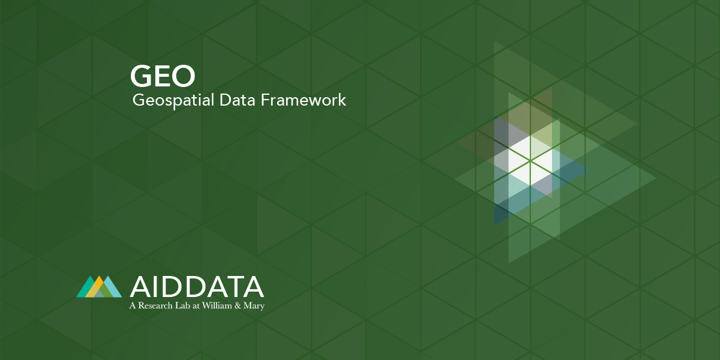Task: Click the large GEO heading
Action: [163, 76]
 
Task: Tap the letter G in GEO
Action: [140, 76]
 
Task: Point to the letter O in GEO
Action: [184, 76]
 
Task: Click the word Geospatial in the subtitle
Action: [173, 100]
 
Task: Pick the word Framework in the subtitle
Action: [304, 100]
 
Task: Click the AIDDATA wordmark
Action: [197, 286]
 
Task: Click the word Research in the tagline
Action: [155, 305]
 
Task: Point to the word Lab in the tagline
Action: [182, 305]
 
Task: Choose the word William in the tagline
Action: [217, 305]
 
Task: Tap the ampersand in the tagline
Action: [238, 305]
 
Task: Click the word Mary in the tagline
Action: [254, 307]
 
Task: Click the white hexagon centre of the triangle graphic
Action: [530, 160]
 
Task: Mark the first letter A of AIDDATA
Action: [140, 287]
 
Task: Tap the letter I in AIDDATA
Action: [156, 287]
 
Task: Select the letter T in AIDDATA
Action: [232, 287]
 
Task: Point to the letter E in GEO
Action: [161, 76]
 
